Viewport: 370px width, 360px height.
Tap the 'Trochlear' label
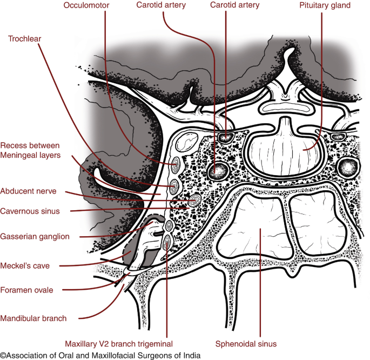(x=25, y=38)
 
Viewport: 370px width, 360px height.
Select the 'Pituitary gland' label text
(x=324, y=5)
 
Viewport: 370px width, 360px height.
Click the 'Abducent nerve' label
(x=29, y=191)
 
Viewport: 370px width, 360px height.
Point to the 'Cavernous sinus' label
(x=30, y=211)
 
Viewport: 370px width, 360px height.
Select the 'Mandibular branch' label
(x=33, y=318)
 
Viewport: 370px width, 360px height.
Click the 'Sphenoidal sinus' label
(x=246, y=344)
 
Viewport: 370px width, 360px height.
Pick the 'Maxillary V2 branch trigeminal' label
(x=118, y=344)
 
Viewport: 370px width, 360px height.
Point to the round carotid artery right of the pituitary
(x=347, y=168)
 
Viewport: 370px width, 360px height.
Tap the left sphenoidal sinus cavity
(x=256, y=227)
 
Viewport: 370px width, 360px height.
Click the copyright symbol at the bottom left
(x=4, y=355)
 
